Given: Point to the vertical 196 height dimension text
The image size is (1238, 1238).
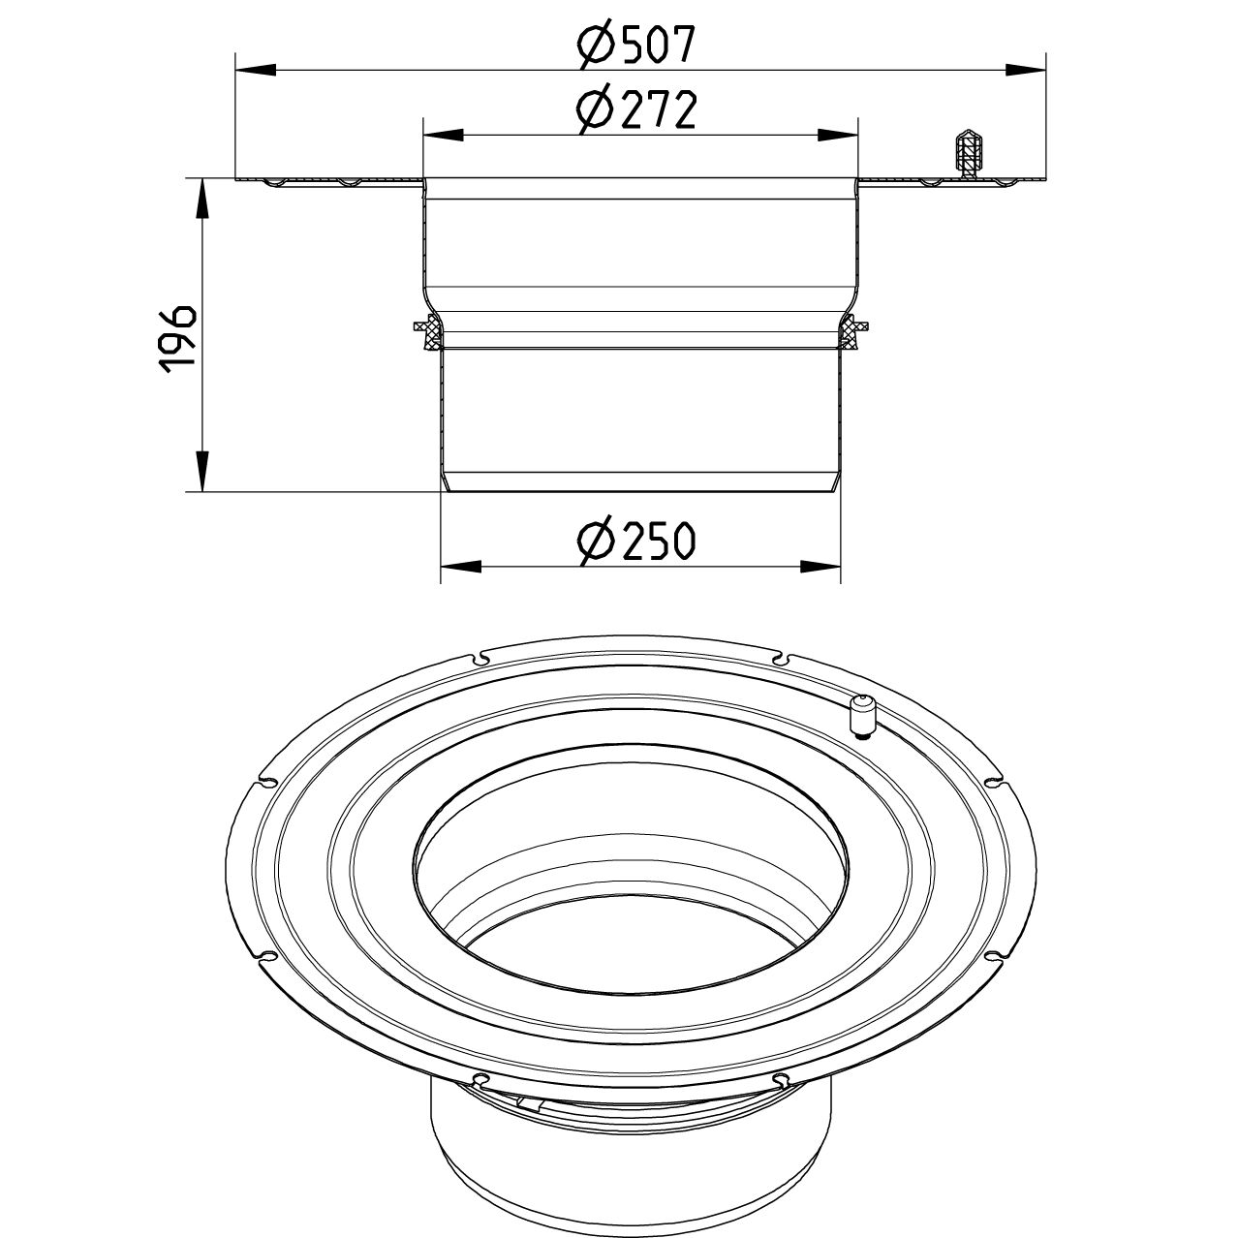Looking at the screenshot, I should [x=178, y=338].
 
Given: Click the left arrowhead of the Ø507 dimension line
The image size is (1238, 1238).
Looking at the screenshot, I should [x=255, y=70].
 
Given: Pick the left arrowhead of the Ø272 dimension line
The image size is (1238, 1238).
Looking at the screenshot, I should [x=442, y=135].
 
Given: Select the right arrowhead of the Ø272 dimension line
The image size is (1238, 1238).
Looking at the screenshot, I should [x=839, y=135].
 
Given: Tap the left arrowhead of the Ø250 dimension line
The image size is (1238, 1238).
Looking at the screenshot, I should [x=461, y=567].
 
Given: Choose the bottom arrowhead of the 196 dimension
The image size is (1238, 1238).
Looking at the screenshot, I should [x=201, y=473].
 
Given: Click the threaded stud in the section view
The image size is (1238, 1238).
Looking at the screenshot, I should [x=967, y=152].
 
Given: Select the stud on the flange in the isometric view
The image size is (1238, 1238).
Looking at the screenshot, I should [x=859, y=715].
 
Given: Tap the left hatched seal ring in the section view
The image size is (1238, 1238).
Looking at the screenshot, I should [x=428, y=332].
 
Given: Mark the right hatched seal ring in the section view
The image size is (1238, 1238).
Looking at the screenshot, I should [x=852, y=332].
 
